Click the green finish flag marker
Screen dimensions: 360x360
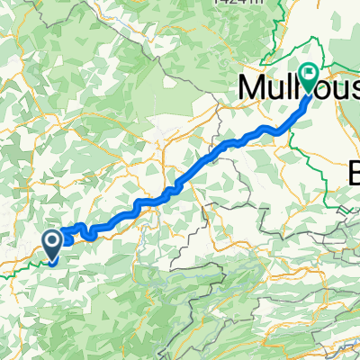[309, 77]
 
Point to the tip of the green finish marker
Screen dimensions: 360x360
[309, 94]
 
